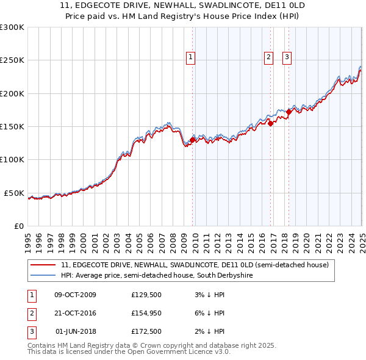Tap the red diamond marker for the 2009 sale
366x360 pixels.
click(192, 140)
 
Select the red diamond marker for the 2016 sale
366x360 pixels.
click(270, 123)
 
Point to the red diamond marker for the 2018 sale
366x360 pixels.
click(289, 112)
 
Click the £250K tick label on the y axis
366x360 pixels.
click(12, 60)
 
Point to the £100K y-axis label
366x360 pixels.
click(12, 160)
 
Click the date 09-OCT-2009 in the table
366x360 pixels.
click(75, 295)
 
